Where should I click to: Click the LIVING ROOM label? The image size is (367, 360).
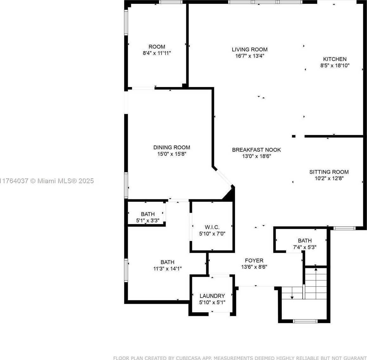point(250,50)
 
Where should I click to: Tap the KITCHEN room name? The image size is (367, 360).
point(335,59)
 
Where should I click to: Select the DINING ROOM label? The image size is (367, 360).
point(172,147)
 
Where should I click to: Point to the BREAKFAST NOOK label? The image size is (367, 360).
point(256,150)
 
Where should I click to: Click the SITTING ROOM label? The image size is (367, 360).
point(329,172)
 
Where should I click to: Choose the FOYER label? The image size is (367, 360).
point(254,260)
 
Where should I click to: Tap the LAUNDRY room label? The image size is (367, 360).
point(212,296)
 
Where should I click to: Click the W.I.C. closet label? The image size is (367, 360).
point(212,227)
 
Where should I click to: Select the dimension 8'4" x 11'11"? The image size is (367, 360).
point(157,53)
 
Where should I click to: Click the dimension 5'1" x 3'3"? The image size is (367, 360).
point(148,221)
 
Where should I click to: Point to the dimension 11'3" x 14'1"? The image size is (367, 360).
point(167,269)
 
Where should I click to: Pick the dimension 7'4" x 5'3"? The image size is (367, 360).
point(305,247)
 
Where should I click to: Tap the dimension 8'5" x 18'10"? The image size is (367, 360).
point(335,66)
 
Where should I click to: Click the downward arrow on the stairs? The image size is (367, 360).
point(292,293)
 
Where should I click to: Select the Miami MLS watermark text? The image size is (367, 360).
point(47,181)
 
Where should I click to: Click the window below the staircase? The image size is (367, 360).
point(305,321)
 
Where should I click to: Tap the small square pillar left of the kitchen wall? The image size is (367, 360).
point(294,136)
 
